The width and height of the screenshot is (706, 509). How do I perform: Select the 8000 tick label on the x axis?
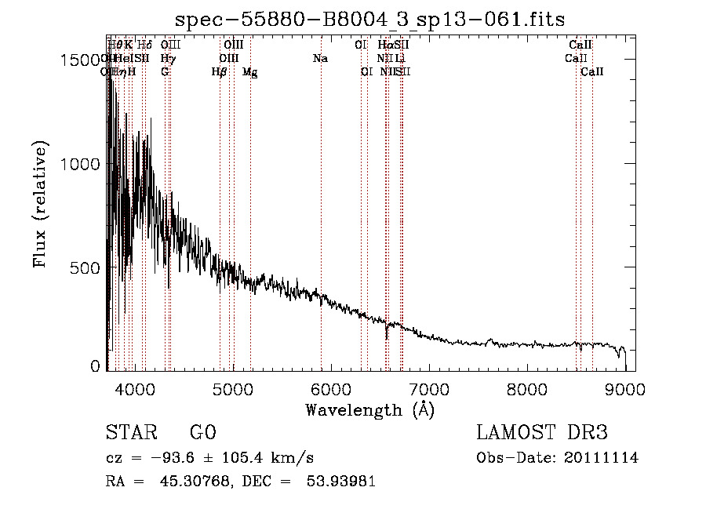coord(527,388)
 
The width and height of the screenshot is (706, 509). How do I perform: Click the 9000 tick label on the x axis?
coord(625,388)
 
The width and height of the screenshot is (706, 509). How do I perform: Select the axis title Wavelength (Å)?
coord(369,409)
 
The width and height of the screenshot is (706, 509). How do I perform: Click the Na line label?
coord(320,58)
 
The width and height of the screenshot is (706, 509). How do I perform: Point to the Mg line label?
coord(250,72)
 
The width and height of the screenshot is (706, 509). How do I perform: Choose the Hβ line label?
coord(220,72)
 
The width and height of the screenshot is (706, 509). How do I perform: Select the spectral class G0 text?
coord(202,433)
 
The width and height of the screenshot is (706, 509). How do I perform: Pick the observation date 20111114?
coord(605,458)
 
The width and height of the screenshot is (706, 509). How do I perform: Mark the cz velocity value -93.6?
coord(166,458)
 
